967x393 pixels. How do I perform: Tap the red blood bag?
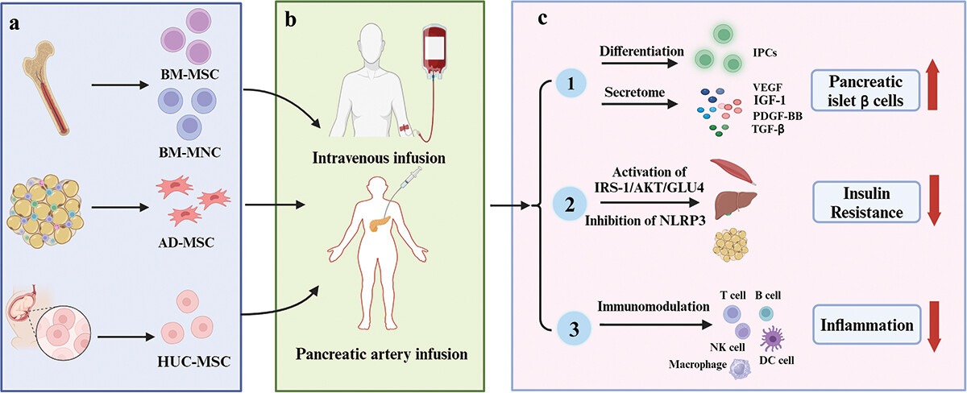[x=435, y=56]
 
